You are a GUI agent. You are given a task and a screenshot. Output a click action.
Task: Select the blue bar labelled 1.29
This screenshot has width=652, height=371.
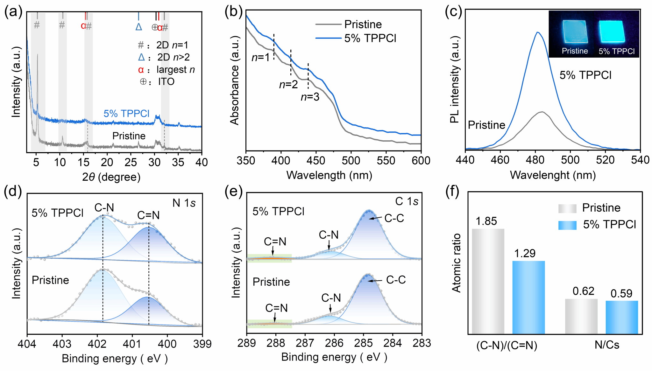pyautogui.click(x=528, y=297)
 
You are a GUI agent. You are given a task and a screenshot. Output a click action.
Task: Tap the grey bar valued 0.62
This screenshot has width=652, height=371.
pyautogui.click(x=581, y=316)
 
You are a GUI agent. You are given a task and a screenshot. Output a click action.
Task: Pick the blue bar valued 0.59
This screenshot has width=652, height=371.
pyautogui.click(x=622, y=317)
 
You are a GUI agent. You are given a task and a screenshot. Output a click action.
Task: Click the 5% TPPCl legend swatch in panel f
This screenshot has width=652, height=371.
pyautogui.click(x=567, y=225)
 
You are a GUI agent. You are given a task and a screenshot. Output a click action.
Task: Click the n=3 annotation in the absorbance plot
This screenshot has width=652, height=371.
pyautogui.click(x=310, y=97)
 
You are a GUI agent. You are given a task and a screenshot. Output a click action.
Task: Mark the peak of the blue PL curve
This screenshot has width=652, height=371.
pyautogui.click(x=538, y=32)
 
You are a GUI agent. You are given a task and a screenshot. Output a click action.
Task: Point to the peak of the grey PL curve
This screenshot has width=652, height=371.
pyautogui.click(x=542, y=112)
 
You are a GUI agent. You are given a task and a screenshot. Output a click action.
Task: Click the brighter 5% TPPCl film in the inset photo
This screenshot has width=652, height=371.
pyautogui.click(x=612, y=32)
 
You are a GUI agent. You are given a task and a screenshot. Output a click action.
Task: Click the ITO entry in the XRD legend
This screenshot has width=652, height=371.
pyautogui.click(x=166, y=82)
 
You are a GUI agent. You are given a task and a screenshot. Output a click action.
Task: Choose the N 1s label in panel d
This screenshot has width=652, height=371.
pyautogui.click(x=184, y=203)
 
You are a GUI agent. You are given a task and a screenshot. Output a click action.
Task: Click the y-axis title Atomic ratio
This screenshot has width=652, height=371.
pyautogui.click(x=457, y=263)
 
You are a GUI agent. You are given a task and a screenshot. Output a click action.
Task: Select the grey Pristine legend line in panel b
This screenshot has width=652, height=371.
pyautogui.click(x=328, y=24)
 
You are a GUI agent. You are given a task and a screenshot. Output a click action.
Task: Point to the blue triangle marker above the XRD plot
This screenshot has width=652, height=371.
pyautogui.click(x=138, y=27)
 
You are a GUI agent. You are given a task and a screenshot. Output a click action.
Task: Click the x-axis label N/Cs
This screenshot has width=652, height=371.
pyautogui.click(x=607, y=345)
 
